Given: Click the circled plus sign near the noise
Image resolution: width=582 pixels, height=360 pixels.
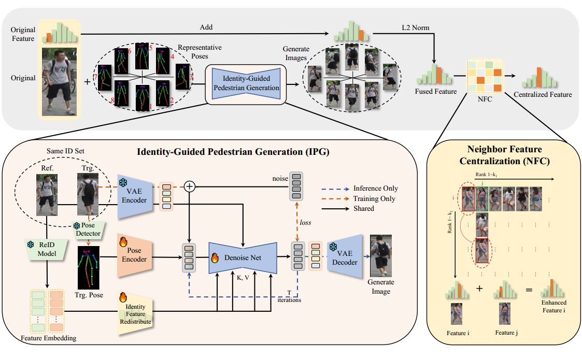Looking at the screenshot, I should [190, 187].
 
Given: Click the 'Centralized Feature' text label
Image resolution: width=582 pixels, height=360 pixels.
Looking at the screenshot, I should [543, 95].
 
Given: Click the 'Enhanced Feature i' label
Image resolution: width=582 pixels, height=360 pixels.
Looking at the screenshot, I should [553, 306].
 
